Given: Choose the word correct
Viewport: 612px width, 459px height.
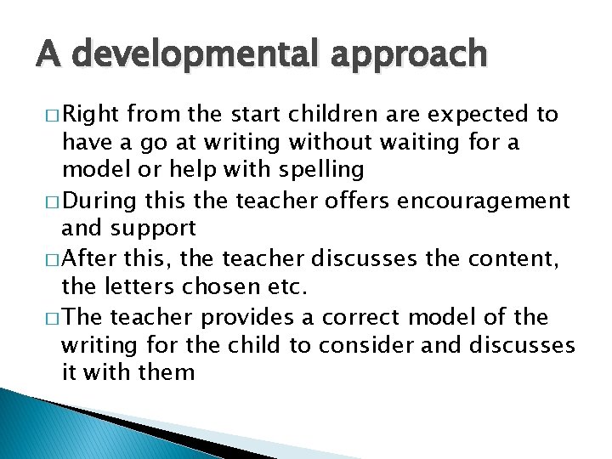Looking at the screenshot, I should click(x=369, y=317).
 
